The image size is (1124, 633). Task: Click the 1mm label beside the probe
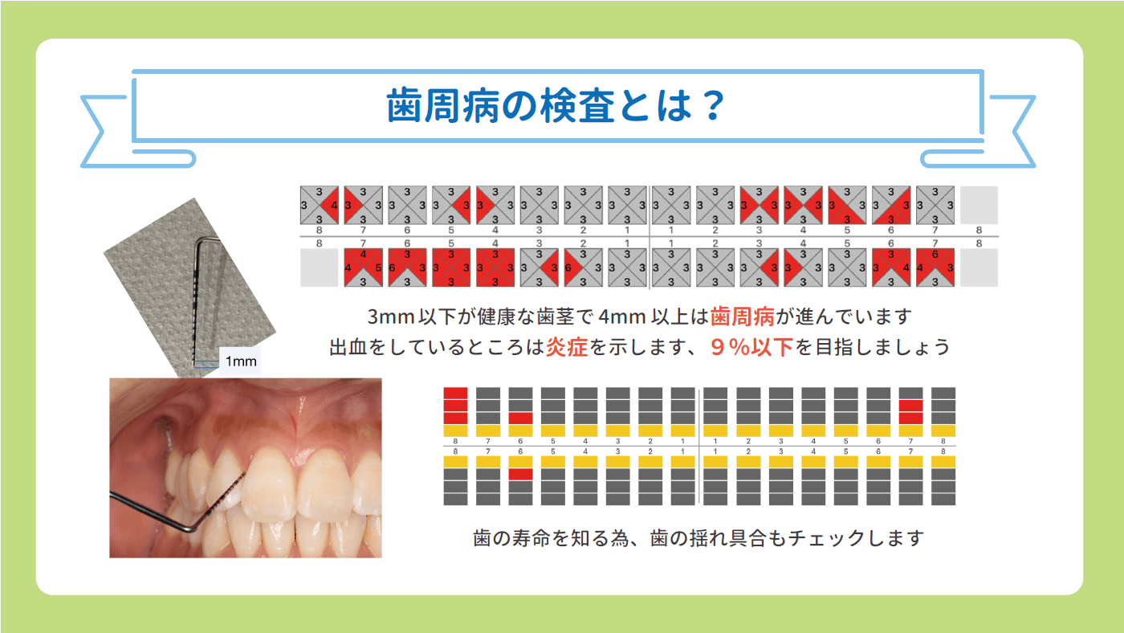241,361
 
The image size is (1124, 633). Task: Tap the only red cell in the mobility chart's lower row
521,474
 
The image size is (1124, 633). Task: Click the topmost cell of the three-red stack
455,393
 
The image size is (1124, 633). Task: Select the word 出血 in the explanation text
349,347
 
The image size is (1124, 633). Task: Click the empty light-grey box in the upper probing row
979,205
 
